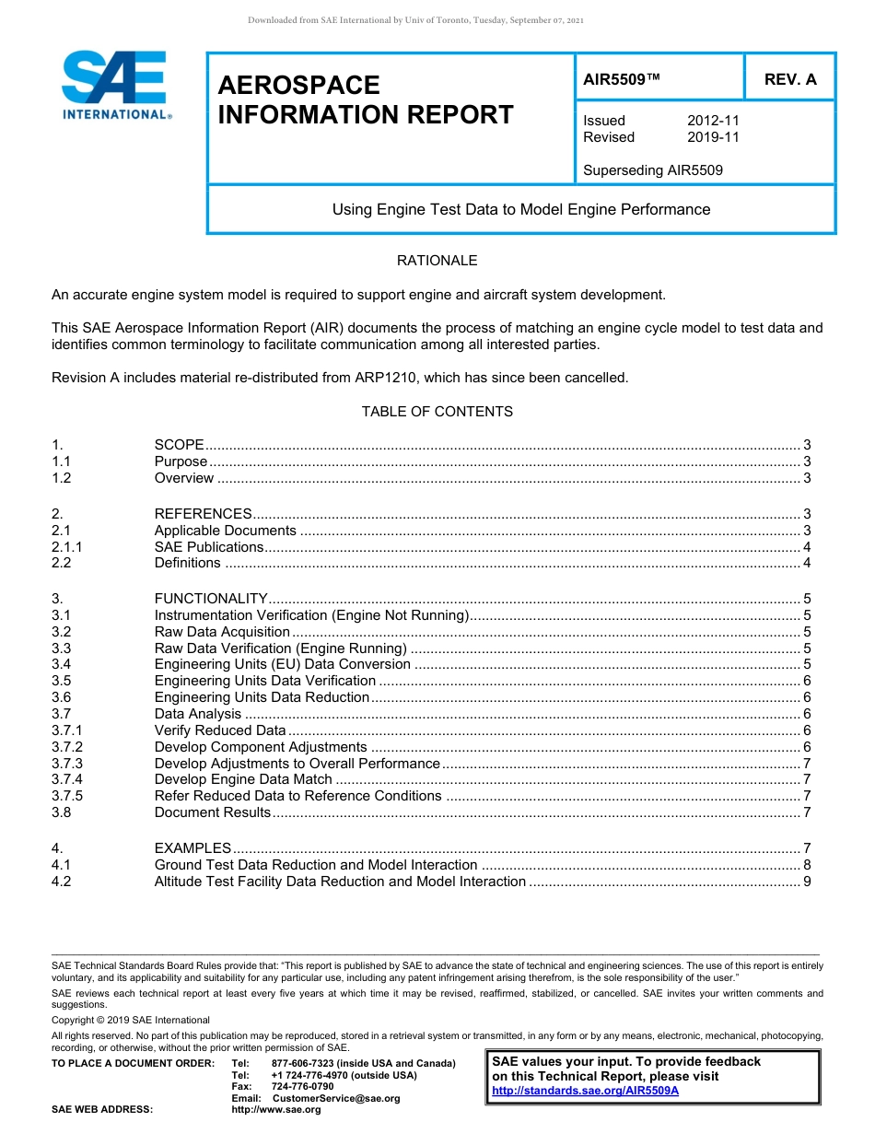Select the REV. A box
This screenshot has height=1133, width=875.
(789, 79)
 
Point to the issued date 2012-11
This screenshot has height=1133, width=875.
(713, 121)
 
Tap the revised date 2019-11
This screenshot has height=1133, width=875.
(713, 137)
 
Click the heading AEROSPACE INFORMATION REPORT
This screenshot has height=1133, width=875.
(365, 100)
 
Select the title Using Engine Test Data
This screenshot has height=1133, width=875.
(520, 209)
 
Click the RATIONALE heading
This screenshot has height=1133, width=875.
(437, 261)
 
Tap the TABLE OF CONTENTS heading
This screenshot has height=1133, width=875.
(437, 412)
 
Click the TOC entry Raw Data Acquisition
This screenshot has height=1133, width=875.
(222, 632)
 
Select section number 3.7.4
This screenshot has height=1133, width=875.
(67, 779)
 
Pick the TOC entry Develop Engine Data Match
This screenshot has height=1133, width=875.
(243, 779)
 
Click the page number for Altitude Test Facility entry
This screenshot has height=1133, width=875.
(807, 882)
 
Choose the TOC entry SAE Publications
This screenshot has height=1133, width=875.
(208, 547)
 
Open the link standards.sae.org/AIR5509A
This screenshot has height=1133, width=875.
(585, 1091)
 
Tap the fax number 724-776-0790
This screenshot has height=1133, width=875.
(302, 1087)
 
